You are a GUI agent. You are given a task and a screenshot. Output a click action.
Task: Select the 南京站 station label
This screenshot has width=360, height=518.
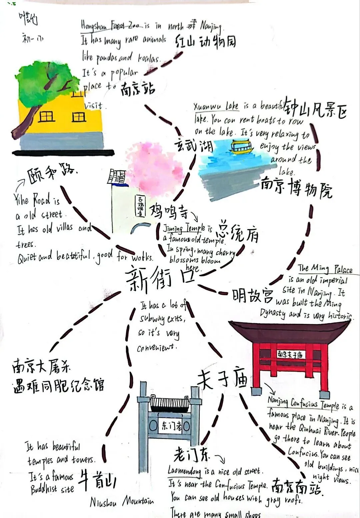click(138, 89)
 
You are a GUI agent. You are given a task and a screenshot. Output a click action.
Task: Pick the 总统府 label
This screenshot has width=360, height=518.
click(237, 231)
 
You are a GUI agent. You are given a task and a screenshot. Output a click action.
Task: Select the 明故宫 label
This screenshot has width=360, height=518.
click(253, 295)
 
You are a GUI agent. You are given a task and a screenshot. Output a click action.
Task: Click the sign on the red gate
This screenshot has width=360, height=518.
click(290, 354)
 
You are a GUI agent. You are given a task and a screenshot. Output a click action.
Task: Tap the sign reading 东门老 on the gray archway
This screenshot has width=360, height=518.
click(171, 426)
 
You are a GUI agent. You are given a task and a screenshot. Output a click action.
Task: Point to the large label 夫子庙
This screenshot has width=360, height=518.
click(222, 380)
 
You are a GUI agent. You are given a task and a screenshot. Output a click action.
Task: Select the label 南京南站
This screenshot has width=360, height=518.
click(296, 488)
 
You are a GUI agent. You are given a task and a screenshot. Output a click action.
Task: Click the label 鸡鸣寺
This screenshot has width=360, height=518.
click(169, 211)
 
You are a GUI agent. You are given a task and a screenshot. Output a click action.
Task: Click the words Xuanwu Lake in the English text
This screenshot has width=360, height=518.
click(216, 106)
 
